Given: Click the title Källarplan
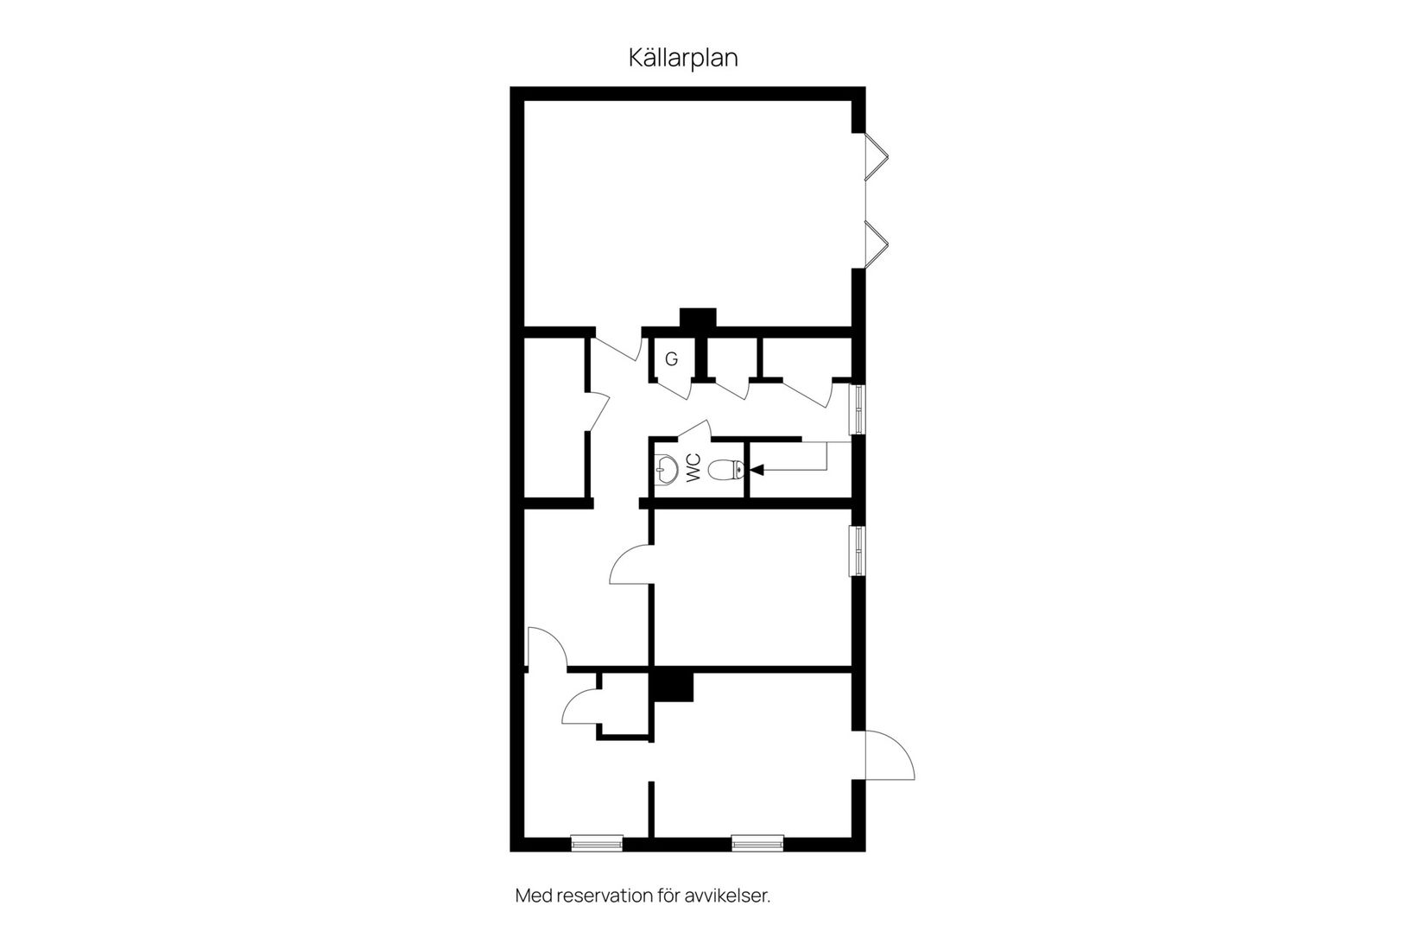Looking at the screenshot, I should [x=682, y=58].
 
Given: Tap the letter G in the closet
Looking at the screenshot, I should [x=671, y=358].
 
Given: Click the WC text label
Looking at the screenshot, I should [x=693, y=470].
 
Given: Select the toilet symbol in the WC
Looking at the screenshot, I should [x=726, y=470].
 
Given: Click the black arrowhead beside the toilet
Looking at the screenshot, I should [x=757, y=470].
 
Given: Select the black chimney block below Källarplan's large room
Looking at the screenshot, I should [x=698, y=318].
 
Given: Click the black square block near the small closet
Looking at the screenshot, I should [x=674, y=687].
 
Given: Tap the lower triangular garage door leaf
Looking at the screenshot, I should [x=877, y=243].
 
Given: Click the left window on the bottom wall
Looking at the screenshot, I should [x=597, y=843].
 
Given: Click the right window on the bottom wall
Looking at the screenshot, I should [x=757, y=843].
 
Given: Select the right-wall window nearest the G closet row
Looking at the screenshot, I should [x=858, y=408].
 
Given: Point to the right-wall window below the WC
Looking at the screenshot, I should [x=858, y=550].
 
